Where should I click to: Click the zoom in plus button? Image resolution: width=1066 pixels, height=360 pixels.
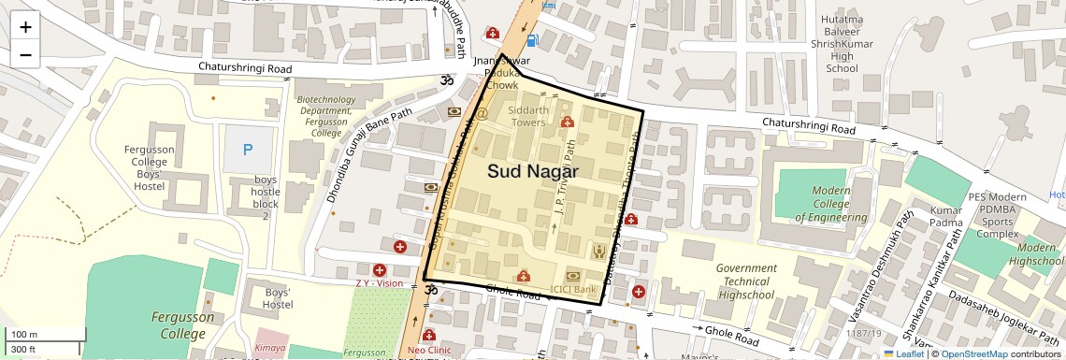click(x=25, y=27)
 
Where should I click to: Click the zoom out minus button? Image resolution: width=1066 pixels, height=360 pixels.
click(x=25, y=54)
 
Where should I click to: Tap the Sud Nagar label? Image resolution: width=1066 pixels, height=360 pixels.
click(x=532, y=172)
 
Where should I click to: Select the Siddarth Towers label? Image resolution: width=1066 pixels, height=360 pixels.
click(x=526, y=116)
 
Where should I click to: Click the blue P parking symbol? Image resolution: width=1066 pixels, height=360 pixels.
click(x=248, y=150)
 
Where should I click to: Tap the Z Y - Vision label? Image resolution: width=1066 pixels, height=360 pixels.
click(x=379, y=283)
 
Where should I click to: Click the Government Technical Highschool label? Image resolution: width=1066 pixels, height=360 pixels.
click(x=746, y=281)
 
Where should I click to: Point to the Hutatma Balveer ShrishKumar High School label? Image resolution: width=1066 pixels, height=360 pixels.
click(x=842, y=44)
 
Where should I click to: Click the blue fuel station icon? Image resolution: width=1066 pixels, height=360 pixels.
click(x=532, y=39)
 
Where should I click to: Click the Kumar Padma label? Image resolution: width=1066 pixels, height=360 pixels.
click(x=946, y=218)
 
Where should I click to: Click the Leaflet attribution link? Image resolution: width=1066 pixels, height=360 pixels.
click(x=903, y=353)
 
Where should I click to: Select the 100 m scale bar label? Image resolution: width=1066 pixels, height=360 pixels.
click(x=24, y=335)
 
